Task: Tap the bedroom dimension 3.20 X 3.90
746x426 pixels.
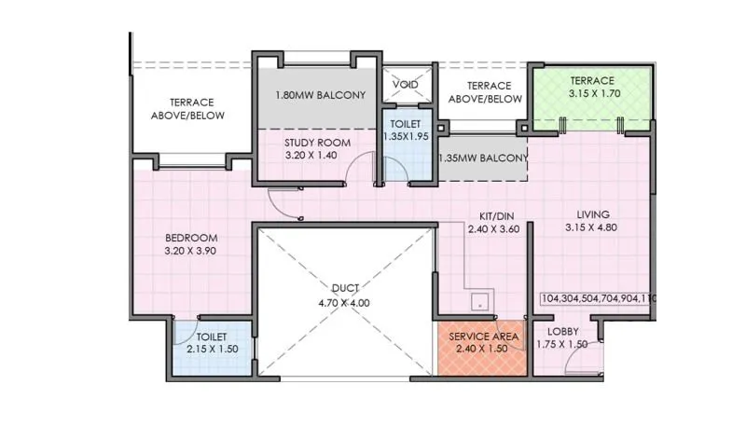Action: [x=192, y=252]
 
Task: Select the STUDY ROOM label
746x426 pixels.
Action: [x=317, y=143]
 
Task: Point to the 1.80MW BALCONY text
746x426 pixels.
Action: [x=320, y=96]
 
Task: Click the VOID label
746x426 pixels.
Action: [x=405, y=85]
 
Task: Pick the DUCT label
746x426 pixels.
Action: [x=344, y=288]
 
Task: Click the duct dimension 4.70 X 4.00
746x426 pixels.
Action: [x=344, y=302]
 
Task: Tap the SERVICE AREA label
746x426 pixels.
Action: [x=484, y=336]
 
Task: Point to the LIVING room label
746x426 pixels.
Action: [x=590, y=213]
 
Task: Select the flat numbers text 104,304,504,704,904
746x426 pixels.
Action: [x=598, y=299]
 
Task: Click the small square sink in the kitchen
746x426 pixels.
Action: [x=479, y=301]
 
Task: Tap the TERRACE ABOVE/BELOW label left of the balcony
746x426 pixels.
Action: [x=191, y=108]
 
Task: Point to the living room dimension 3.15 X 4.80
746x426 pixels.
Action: [x=590, y=227]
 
